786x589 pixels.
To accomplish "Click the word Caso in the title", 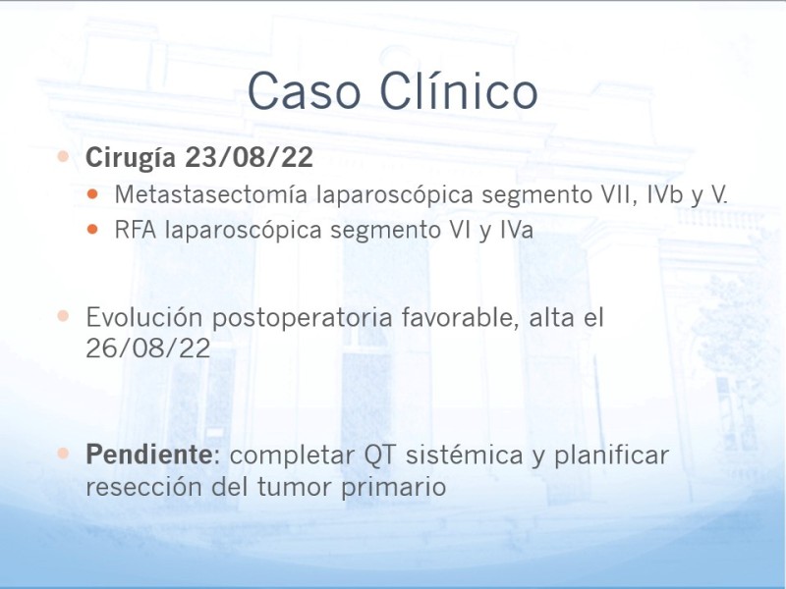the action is point(304,91).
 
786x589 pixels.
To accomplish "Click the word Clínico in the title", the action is point(458,90).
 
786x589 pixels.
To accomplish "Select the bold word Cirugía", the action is point(131,158).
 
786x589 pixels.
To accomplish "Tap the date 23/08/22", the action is point(250,157).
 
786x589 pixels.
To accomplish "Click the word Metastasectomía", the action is point(211,194).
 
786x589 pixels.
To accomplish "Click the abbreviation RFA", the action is point(136,231).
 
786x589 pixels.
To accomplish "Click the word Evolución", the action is point(143,317).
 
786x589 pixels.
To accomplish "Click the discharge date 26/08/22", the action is point(148,348).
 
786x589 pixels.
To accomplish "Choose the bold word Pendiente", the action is point(149,455).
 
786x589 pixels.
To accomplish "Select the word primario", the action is point(394,487).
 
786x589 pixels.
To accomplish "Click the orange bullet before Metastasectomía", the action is point(92,193).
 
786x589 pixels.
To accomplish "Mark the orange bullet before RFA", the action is point(92,230).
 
